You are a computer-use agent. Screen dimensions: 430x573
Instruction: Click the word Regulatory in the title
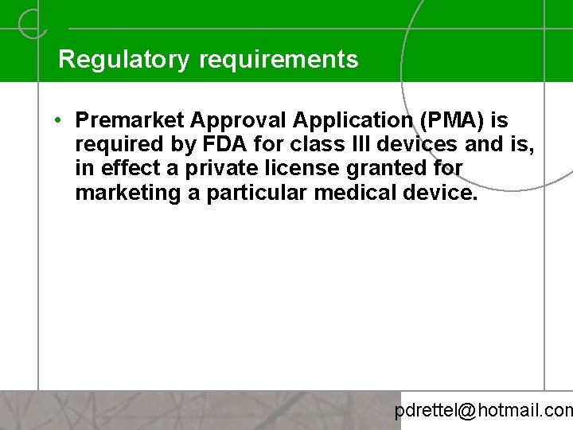123,60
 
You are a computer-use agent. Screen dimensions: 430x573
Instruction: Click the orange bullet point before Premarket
60,120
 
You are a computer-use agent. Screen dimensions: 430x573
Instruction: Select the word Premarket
131,120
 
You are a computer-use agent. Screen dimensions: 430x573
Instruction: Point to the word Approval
240,120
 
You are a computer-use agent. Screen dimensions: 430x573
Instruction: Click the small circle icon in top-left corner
32,24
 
